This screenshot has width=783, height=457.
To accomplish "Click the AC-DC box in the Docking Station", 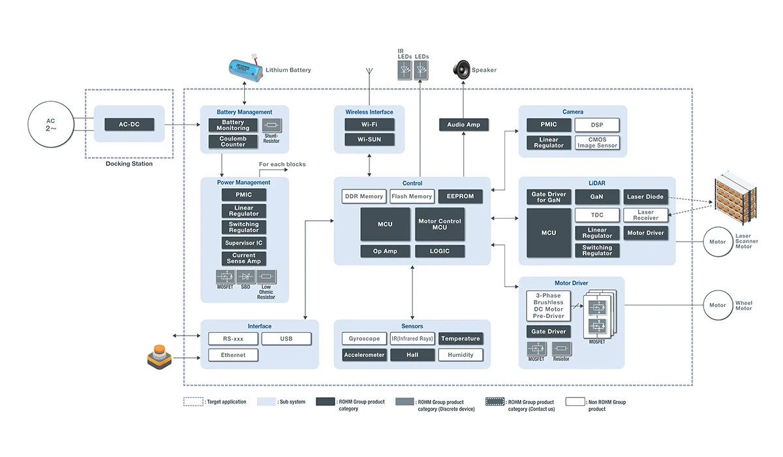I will coord(129,124).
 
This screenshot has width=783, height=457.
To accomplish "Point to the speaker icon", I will coord(462,69).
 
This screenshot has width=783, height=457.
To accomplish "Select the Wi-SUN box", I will coord(370,140).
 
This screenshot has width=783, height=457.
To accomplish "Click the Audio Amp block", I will coord(463,125).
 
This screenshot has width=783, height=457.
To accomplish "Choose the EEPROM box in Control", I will coord(460,196).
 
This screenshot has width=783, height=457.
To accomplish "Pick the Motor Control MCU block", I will coord(440,224).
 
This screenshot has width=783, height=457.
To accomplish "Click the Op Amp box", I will coord(385,251).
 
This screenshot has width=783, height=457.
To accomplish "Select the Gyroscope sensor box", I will coord(364,339).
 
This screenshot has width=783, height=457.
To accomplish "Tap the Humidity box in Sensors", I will coord(461,355).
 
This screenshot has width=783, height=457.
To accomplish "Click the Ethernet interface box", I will coord(233,355).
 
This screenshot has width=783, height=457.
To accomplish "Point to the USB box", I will coord(286,339).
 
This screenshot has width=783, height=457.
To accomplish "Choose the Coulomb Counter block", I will coord(233,141).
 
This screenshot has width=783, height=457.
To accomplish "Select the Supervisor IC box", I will coord(244,243).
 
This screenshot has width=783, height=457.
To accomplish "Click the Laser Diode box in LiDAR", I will coord(645,197).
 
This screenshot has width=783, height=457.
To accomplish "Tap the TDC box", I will coord(597,215).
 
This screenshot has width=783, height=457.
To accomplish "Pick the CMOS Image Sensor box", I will coord(597,142).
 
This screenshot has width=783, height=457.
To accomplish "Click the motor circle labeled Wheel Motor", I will coord(718,305).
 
